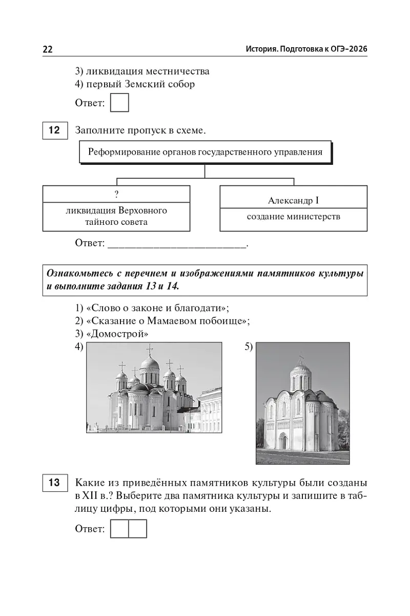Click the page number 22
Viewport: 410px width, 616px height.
[x=47, y=49]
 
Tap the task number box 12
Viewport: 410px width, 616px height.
[x=54, y=130]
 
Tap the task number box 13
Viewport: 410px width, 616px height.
[x=54, y=483]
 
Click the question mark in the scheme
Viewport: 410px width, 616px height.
[x=116, y=194]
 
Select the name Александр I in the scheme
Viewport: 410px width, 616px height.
[x=293, y=200]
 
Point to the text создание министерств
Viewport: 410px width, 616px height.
[x=293, y=217]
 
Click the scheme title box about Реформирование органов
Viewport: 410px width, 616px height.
[x=205, y=152]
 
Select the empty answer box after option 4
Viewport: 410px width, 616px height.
[x=119, y=103]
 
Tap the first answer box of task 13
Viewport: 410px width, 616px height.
[x=119, y=529]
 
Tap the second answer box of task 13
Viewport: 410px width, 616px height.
[x=137, y=529]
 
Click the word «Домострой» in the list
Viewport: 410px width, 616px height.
[x=119, y=334]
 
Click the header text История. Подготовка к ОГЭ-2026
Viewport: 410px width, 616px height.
[x=306, y=49]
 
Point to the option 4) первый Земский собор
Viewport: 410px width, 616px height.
[x=135, y=84]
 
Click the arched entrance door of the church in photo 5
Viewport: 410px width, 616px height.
[x=283, y=441]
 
